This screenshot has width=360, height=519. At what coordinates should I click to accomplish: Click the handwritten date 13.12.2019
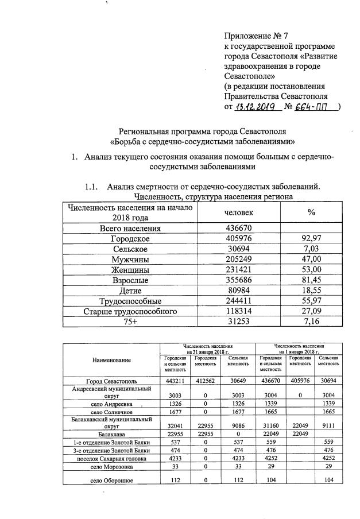click(x=257, y=107)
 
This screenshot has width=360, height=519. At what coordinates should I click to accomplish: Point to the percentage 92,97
click(x=311, y=238)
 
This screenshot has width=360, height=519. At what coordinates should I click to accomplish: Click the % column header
click(x=311, y=212)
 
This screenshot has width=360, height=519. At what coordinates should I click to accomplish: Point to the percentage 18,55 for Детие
click(x=311, y=291)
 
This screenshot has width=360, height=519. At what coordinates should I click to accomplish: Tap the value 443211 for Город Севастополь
click(x=173, y=381)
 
